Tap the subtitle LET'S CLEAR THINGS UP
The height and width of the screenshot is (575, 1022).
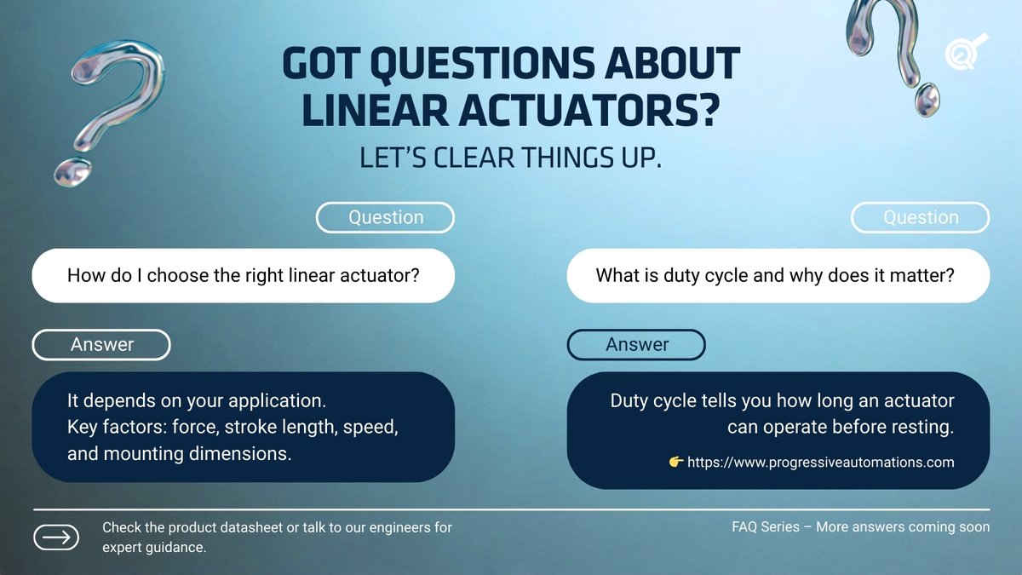[x=511, y=159]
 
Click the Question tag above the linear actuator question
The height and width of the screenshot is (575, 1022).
[x=385, y=217]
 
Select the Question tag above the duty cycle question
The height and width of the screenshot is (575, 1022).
[x=921, y=217]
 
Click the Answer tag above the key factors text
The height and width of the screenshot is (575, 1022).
[x=101, y=344]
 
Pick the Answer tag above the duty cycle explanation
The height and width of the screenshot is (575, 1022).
[x=636, y=344]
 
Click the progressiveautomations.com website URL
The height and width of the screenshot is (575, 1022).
[x=820, y=463]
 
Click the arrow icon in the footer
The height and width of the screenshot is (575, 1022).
[x=56, y=538]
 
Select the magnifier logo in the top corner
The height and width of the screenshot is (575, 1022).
[x=965, y=51]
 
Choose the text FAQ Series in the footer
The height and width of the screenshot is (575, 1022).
[x=766, y=527]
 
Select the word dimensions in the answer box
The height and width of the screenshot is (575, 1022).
[x=239, y=453]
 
